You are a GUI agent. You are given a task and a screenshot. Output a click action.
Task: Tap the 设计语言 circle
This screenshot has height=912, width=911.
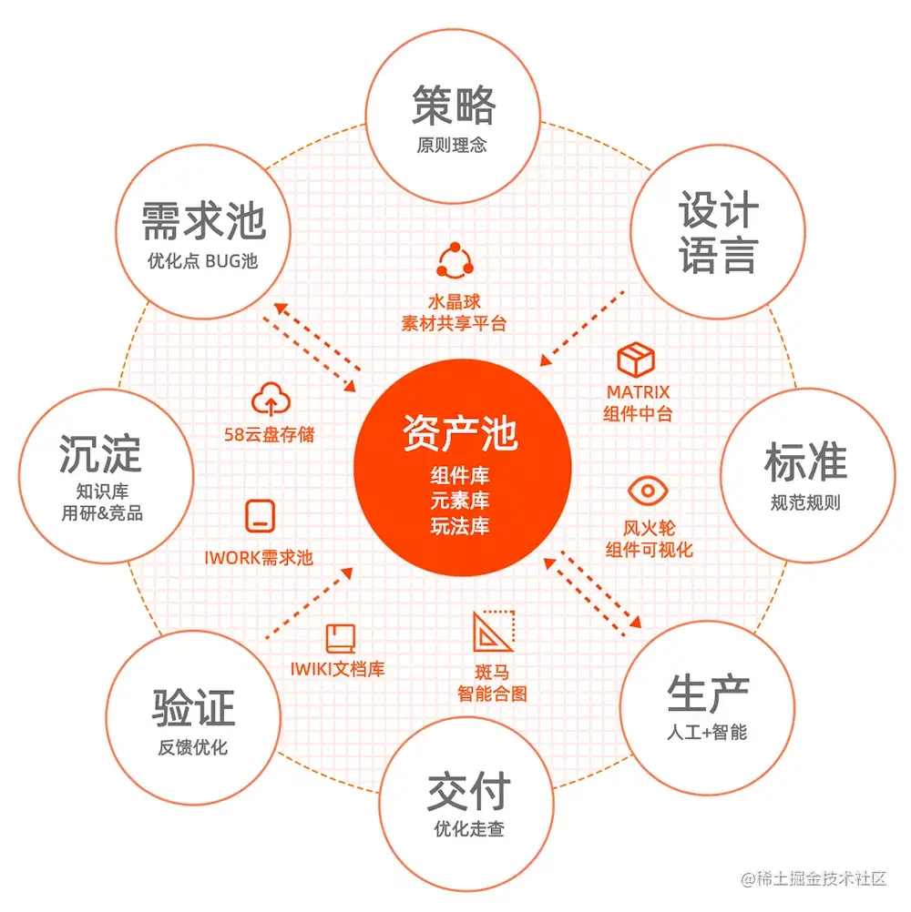[717, 232]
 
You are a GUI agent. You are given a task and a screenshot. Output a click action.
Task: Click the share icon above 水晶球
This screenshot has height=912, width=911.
[453, 262]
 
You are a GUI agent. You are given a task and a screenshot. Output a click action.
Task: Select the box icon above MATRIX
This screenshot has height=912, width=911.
[637, 360]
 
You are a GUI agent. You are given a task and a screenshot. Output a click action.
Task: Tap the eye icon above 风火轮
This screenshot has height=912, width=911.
[649, 491]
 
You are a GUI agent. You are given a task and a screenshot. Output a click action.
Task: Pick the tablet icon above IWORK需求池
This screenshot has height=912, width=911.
[260, 517]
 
